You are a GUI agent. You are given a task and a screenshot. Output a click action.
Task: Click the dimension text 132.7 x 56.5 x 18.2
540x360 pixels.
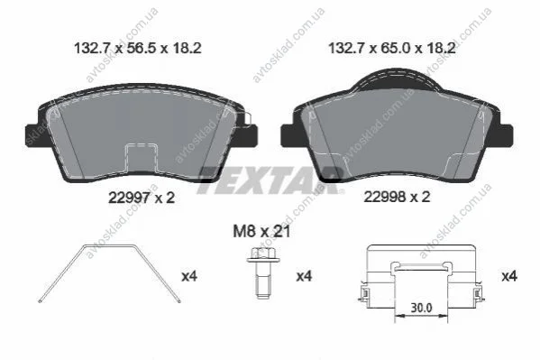(x=138, y=49)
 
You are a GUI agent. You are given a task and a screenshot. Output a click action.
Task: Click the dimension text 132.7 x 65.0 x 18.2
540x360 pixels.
(x=392, y=49)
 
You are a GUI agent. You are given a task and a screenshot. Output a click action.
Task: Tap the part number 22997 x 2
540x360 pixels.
(x=142, y=198)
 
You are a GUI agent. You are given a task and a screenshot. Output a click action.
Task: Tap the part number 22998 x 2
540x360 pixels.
(x=397, y=197)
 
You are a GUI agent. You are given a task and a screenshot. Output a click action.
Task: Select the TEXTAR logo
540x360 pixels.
(x=270, y=180)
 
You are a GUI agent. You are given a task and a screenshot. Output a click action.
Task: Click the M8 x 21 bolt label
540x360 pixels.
(x=261, y=231)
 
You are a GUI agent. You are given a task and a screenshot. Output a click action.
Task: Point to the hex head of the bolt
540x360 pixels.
(x=263, y=255)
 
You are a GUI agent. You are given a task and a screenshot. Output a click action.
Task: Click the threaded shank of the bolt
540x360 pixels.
(x=263, y=281)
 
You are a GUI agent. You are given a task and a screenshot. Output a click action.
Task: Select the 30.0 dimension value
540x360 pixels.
(x=421, y=308)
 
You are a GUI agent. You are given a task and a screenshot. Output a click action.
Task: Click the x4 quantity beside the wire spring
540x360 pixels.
(x=189, y=276)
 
